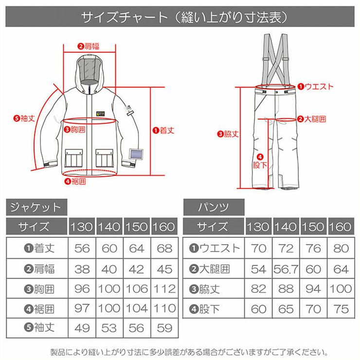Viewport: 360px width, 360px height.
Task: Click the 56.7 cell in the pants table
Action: tap(286, 269)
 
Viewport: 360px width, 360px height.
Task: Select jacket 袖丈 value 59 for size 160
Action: tap(164, 328)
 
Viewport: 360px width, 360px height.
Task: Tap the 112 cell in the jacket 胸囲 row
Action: tap(164, 289)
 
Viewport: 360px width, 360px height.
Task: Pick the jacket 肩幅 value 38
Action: tap(82, 269)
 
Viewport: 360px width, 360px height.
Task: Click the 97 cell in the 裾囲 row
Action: tap(82, 308)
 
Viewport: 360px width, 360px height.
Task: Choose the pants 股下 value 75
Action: tap(341, 308)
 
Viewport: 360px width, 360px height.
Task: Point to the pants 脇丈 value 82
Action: tap(258, 289)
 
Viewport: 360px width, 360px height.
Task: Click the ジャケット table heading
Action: tap(36, 207)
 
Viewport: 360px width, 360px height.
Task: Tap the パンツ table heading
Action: tap(214, 207)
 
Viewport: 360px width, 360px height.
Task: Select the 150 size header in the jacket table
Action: tap(137, 227)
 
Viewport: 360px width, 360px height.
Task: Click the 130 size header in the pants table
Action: tap(258, 227)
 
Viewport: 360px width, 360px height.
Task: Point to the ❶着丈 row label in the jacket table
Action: tap(39, 248)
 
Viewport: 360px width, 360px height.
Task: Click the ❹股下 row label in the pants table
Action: tap(204, 309)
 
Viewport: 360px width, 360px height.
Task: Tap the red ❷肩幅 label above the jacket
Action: tap(89, 46)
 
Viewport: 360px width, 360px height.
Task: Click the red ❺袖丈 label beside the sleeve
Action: tap(24, 119)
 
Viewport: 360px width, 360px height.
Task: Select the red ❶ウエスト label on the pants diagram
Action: tap(315, 87)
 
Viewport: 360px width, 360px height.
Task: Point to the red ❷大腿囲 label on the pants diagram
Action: tap(311, 119)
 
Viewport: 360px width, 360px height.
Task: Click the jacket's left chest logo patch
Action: tap(100, 114)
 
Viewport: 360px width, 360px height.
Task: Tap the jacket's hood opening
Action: tap(89, 71)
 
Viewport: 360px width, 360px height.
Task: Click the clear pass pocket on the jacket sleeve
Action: tap(136, 154)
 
